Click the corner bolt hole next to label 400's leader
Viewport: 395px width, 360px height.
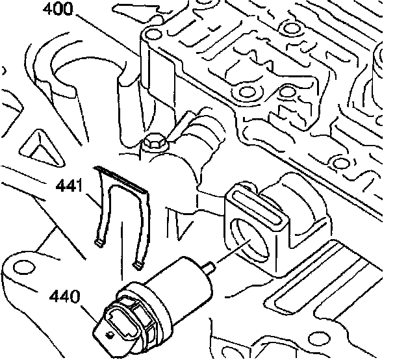tap(154, 34)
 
